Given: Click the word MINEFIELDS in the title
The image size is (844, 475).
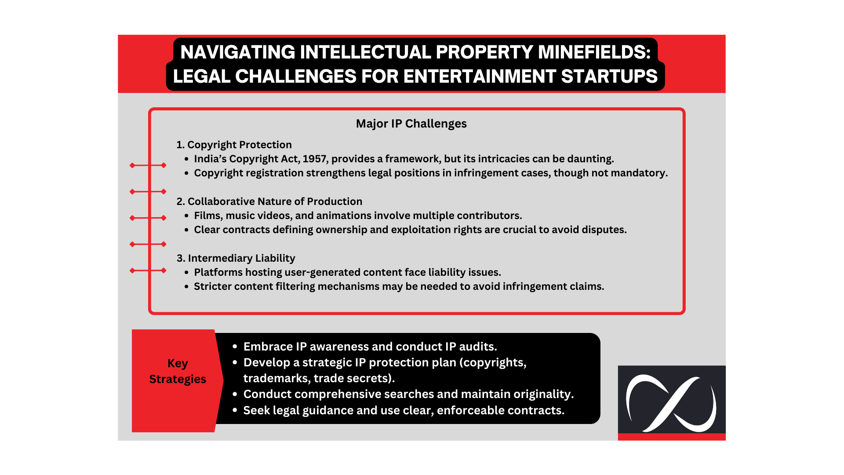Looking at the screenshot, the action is pos(594,52).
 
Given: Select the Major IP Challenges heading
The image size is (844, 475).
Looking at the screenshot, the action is pos(411,124).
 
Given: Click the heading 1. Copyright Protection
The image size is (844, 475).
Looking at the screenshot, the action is pos(234,145).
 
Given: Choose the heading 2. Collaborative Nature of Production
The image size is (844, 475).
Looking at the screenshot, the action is pos(269,201).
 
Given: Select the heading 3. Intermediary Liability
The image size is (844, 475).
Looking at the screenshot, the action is pos(236,258).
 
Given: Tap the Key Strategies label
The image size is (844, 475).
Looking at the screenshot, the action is pos(178,371).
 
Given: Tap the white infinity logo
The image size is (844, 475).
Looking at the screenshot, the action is pos(672,403).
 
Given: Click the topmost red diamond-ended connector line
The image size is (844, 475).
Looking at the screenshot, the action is pos(148,165).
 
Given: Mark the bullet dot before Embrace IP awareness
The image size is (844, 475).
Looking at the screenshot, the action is pos(235,347).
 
